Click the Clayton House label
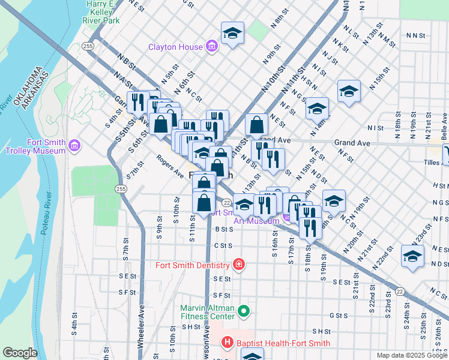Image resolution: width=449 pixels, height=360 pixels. click(176, 46)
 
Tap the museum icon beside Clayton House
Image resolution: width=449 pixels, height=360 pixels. click(211, 46)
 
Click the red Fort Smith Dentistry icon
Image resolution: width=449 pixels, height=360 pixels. click(239, 265)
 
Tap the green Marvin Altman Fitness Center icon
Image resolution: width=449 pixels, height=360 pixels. click(243, 311)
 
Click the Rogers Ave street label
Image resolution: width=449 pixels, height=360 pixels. click(170, 167)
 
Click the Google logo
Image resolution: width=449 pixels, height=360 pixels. click(20, 353)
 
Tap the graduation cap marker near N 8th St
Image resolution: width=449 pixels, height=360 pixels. click(232, 34)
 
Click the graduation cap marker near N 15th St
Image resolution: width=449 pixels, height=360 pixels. click(349, 92)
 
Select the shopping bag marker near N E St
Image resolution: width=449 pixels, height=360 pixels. click(256, 125)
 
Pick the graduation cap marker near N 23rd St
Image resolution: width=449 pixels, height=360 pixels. click(412, 256)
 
